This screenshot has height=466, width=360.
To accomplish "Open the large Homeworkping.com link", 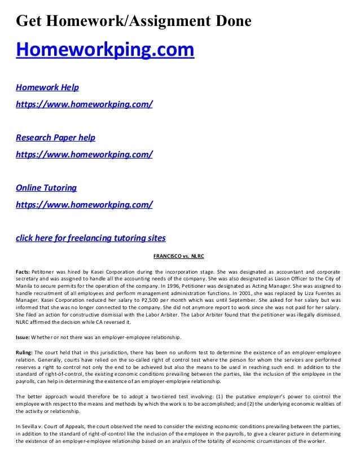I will tap(105, 50).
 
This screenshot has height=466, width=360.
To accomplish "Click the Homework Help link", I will tap(47, 87).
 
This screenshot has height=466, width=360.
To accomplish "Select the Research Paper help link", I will tap(55, 138).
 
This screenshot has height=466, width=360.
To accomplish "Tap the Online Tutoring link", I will tap(46, 188).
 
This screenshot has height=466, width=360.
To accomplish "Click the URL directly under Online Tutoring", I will tap(84, 204).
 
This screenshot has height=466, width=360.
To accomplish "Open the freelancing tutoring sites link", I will tap(90, 238).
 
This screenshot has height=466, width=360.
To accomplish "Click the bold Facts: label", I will tap(23, 271).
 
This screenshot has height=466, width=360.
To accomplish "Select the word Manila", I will tap(24, 286).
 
